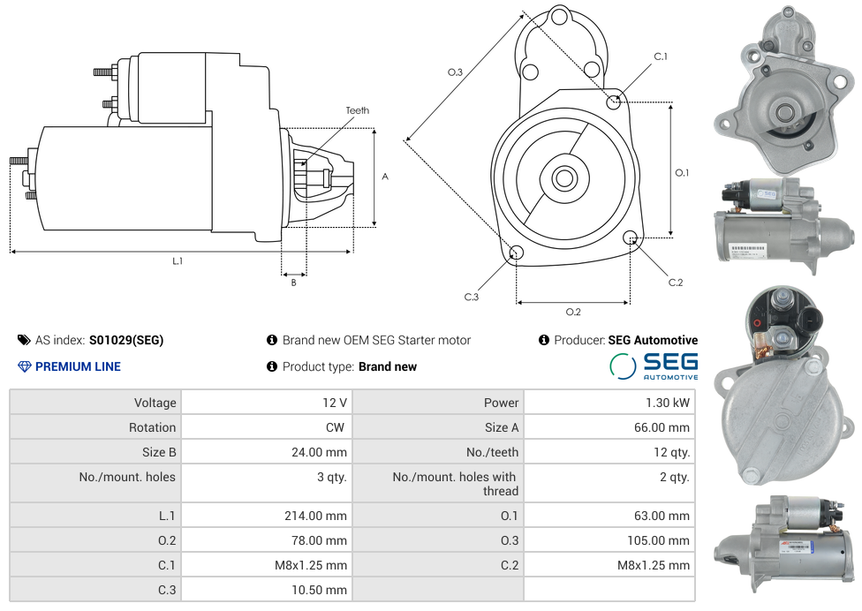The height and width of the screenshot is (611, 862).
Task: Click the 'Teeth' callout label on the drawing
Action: coord(357,110)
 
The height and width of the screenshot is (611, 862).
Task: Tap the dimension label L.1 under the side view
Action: coord(178,260)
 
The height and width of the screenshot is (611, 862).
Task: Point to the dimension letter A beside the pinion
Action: coord(385,177)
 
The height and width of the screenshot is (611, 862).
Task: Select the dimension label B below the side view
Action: coord(293,283)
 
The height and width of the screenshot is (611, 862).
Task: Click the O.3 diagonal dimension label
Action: coord(455,72)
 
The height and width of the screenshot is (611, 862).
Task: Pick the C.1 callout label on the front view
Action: coord(661,57)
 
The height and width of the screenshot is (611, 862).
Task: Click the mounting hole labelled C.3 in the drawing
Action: coord(517,254)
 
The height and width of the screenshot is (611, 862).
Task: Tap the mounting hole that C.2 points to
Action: coord(630,238)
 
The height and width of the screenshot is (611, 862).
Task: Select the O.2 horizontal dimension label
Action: coord(573,311)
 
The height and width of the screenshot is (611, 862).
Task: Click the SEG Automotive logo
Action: coord(654,366)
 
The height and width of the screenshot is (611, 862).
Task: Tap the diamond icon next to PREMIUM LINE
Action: coord(24,366)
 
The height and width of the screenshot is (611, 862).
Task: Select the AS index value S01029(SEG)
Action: coord(126,340)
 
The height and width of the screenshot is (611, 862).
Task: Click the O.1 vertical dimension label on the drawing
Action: coord(682,172)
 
